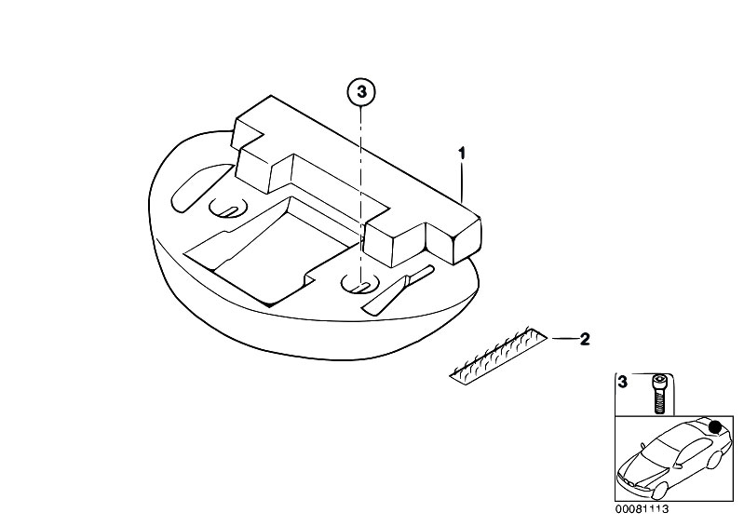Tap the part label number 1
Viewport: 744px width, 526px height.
click(460, 152)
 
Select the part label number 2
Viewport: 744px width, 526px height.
click(585, 339)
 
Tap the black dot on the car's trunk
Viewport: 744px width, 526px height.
click(715, 427)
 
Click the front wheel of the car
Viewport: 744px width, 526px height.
click(656, 484)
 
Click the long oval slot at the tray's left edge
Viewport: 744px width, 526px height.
click(195, 186)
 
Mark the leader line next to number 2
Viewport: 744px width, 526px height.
click(562, 339)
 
